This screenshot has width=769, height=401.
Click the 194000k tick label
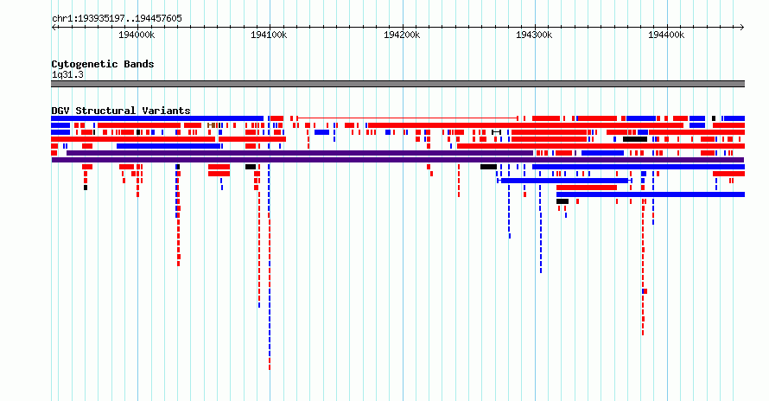[x=137, y=35]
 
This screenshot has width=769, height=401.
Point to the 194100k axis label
[x=269, y=35]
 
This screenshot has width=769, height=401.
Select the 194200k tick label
[x=402, y=35]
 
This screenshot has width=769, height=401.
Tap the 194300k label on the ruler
[x=534, y=35]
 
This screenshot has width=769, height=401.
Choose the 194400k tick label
[x=666, y=35]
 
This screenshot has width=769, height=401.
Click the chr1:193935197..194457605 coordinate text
[x=117, y=19]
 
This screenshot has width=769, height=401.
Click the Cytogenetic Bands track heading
[x=103, y=64]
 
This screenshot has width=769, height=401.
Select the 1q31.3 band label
[x=67, y=74]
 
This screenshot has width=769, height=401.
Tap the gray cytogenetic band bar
[x=397, y=84]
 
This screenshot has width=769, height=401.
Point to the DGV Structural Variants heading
[x=121, y=111]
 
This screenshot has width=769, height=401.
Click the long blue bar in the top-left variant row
[x=157, y=118]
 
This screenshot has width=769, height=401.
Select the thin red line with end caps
[x=408, y=118]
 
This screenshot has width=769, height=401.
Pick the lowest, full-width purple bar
[x=397, y=160]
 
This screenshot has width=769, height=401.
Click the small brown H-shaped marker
[x=211, y=125]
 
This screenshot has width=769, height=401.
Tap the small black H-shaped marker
[x=496, y=132]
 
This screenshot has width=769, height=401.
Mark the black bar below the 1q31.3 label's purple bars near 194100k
[x=251, y=167]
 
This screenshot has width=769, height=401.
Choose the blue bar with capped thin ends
[x=564, y=181]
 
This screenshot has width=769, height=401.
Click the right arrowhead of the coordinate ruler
[x=742, y=27]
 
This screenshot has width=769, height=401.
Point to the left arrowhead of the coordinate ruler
[x=54, y=27]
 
